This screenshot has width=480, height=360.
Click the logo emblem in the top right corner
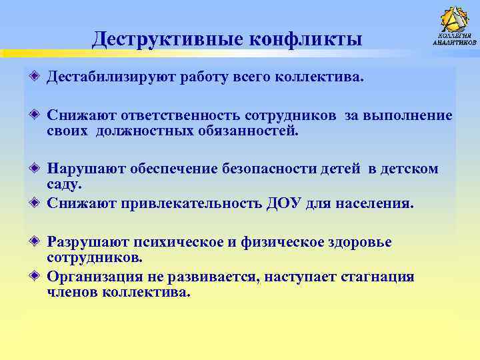pos(455,20)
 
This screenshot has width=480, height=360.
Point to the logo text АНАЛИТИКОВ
pos(455,42)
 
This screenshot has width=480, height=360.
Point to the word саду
pos(64,184)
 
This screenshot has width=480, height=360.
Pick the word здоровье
pos(361,242)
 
